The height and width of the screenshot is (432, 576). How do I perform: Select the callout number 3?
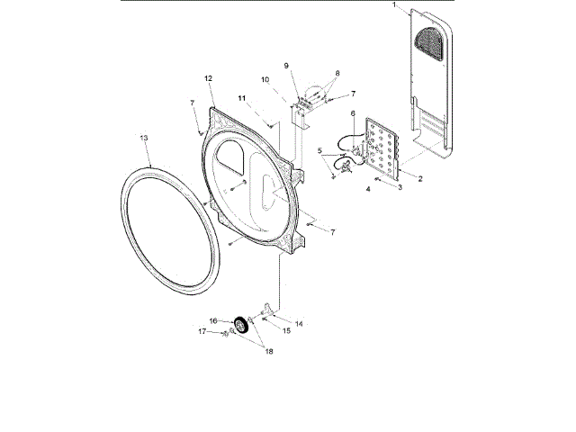click(400, 186)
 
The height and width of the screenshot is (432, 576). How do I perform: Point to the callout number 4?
click(367, 190)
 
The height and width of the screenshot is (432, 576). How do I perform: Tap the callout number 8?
click(337, 72)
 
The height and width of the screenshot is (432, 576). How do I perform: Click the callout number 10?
click(265, 79)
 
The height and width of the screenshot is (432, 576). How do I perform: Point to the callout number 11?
click(242, 97)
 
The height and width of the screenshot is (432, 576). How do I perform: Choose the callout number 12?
click(208, 78)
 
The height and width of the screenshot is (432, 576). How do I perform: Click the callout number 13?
click(144, 138)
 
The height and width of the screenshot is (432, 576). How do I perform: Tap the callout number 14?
click(298, 321)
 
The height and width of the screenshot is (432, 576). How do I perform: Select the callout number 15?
click(288, 331)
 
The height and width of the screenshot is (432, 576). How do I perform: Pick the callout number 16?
click(213, 320)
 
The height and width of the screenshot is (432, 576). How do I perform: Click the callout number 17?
click(202, 331)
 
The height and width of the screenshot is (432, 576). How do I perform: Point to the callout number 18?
click(268, 351)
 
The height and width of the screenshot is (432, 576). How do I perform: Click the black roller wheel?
click(241, 326)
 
